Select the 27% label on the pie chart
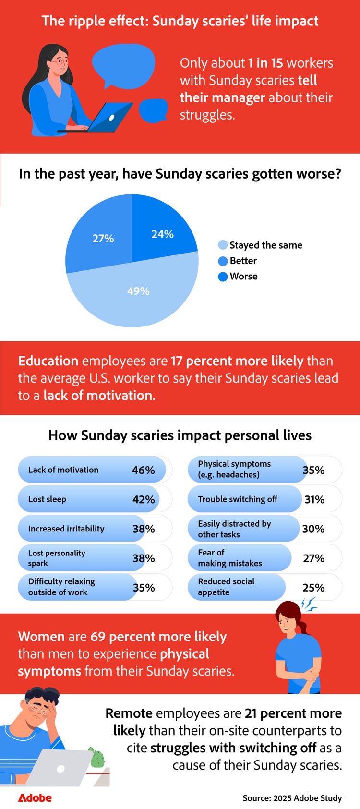click(x=103, y=239)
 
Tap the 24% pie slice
click(x=162, y=234)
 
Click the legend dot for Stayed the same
click(x=223, y=245)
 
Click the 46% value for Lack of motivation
click(x=143, y=470)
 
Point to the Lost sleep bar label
click(x=47, y=499)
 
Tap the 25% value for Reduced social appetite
click(x=313, y=588)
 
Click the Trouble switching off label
click(x=238, y=499)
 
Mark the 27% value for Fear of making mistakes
click(x=313, y=558)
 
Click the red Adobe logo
click(x=35, y=798)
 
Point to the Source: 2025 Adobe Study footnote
click(x=292, y=798)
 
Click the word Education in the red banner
click(x=48, y=361)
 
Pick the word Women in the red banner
click(x=41, y=637)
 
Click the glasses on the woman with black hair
click(x=61, y=61)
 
